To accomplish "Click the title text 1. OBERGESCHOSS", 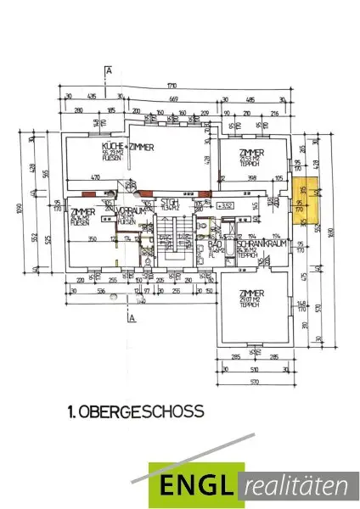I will [135, 412].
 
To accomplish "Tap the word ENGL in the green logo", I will [194, 487].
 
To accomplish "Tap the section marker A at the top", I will [110, 71].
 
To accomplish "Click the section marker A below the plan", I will [133, 319].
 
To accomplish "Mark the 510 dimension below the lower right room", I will [252, 370].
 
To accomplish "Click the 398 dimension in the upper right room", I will [251, 179].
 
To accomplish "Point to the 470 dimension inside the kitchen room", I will [97, 179].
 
